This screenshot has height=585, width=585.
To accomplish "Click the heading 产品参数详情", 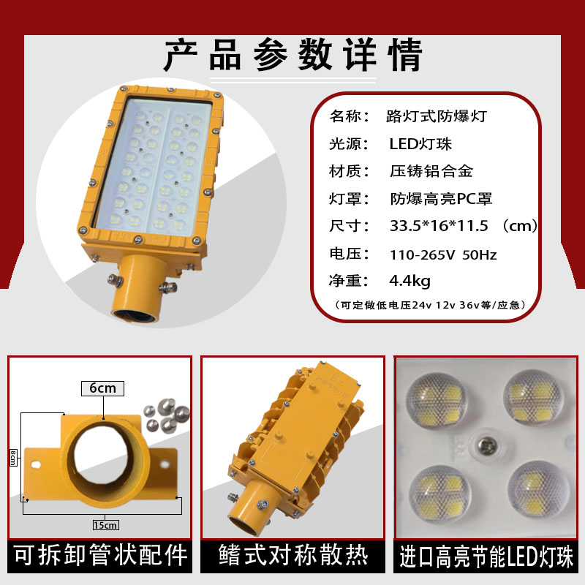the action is (293, 55).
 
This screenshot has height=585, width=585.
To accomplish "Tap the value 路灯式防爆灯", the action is (437, 116).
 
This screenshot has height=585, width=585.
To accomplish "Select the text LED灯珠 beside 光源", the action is (420, 143).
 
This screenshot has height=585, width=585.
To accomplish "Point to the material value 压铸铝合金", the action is (431, 171).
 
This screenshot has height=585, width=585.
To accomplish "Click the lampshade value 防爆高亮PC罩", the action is (442, 199).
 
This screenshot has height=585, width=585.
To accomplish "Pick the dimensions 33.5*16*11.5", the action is (439, 226).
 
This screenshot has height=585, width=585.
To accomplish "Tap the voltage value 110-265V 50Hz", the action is (443, 254).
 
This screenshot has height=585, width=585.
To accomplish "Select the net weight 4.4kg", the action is (409, 281).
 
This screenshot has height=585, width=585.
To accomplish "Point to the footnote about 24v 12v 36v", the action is (430, 305).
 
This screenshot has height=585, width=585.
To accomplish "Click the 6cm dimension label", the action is (102, 388).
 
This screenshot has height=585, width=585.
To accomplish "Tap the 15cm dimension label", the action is (105, 525).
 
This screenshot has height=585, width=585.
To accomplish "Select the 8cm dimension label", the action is (13, 458).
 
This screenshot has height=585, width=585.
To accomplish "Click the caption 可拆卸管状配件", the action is (100, 556).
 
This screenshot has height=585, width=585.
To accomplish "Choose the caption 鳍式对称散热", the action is (293, 556).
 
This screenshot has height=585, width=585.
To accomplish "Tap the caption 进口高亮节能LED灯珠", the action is (486, 556).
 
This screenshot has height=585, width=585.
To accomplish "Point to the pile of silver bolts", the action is (167, 415).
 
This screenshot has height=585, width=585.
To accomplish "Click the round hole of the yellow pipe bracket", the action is (102, 461).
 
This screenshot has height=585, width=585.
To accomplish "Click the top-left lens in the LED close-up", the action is (436, 400).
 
